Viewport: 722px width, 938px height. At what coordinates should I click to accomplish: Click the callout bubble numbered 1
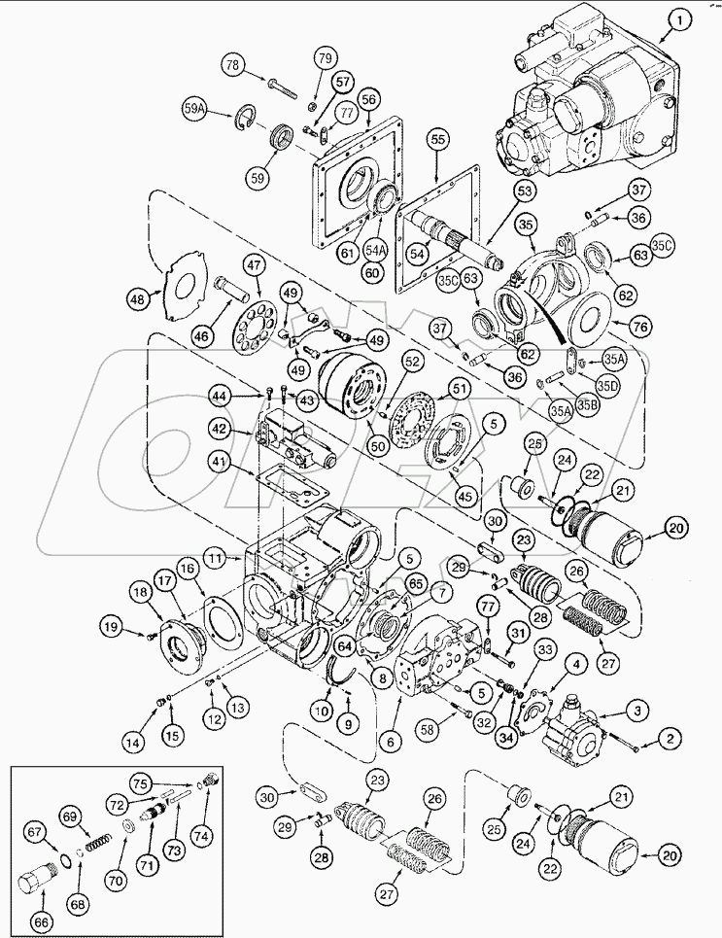(x=680, y=18)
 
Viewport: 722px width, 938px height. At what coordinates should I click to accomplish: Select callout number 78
(x=231, y=66)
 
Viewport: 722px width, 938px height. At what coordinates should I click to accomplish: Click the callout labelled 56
(x=367, y=99)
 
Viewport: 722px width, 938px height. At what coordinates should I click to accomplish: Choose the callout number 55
(x=437, y=141)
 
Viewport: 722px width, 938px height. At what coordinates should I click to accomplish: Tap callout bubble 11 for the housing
(x=216, y=559)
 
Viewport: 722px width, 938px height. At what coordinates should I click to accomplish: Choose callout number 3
(x=638, y=712)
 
